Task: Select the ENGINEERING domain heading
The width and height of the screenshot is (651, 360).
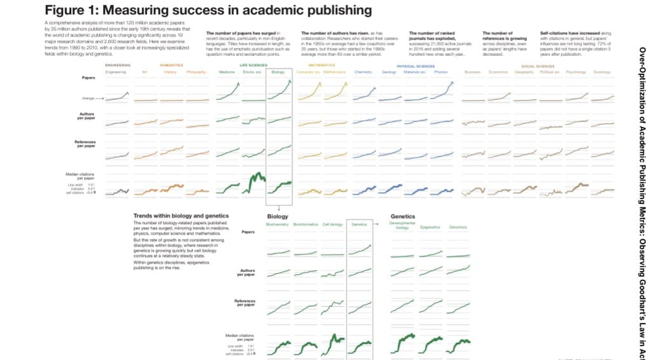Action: pyautogui.click(x=117, y=66)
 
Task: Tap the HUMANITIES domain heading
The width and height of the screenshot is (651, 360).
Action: pyautogui.click(x=172, y=66)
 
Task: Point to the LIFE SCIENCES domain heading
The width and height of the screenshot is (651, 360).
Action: pyautogui.click(x=252, y=66)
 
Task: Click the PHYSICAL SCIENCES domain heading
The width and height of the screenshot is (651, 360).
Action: pyautogui.click(x=415, y=66)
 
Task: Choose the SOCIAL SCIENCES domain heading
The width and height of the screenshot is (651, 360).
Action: pyautogui.click(x=537, y=66)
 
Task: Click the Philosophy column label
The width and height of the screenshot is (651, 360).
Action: pyautogui.click(x=196, y=72)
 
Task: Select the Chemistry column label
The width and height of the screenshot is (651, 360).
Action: pyautogui.click(x=363, y=72)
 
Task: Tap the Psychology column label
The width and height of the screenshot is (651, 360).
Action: pyautogui.click(x=575, y=72)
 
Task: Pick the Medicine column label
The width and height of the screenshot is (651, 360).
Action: pyautogui.click(x=227, y=72)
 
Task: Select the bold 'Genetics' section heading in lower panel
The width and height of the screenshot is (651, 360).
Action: pyautogui.click(x=402, y=217)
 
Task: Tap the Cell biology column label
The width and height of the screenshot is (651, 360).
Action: pyautogui.click(x=333, y=225)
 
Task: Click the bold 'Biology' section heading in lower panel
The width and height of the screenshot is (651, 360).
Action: pyautogui.click(x=277, y=217)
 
